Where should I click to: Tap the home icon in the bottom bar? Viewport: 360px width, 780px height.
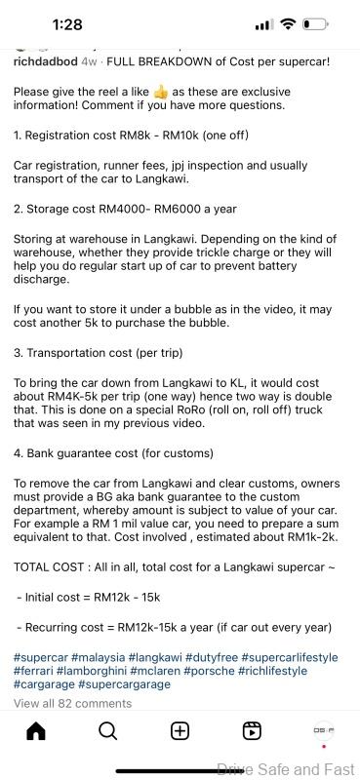pos(35,731)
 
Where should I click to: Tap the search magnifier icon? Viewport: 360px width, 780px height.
pos(107,731)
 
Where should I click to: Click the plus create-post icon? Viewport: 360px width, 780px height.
pos(180,731)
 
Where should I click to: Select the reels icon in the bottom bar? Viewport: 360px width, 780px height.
pos(252,731)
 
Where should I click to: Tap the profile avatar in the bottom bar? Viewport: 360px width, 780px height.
pos(323,730)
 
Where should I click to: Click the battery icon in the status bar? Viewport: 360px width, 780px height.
pos(315,24)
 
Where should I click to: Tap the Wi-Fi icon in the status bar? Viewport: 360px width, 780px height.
pos(288,24)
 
